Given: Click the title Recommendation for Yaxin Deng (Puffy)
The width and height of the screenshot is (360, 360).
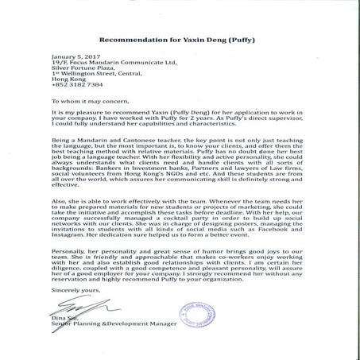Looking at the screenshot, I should (180, 37).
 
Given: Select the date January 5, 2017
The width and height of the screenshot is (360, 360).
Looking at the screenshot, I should (72, 57).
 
